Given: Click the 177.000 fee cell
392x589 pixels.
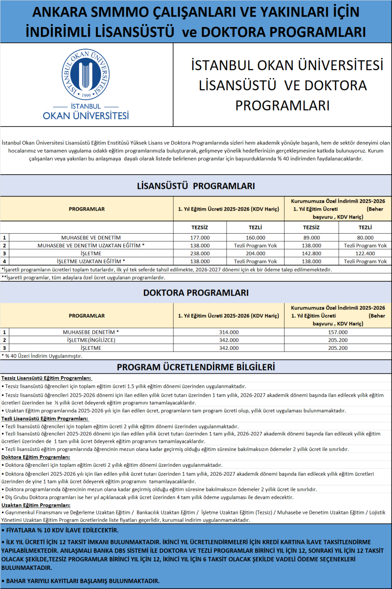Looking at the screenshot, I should point(200,238).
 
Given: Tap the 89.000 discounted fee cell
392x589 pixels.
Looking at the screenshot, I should point(311,238).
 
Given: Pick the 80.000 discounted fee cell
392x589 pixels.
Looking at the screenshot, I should point(365,238).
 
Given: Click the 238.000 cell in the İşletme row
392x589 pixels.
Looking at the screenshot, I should point(200,253).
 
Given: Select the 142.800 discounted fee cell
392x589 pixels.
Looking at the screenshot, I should point(311,253).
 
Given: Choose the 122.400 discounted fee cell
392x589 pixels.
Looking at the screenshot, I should point(365,253).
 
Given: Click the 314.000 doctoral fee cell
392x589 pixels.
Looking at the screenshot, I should point(228,332).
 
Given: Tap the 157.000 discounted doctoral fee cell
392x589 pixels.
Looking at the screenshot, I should point(338,332).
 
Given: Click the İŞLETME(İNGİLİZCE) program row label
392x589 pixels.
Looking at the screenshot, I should point(91,340).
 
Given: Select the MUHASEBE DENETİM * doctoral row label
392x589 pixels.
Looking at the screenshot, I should point(91,332).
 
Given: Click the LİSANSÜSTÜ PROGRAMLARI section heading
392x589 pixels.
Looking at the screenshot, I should point(195,186).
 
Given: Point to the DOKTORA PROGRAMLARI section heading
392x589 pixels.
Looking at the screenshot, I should point(195,293).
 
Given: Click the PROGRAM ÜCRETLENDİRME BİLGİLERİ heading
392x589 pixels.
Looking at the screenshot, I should point(195,368).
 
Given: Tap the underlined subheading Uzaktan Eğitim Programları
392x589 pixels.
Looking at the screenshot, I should point(32,505).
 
